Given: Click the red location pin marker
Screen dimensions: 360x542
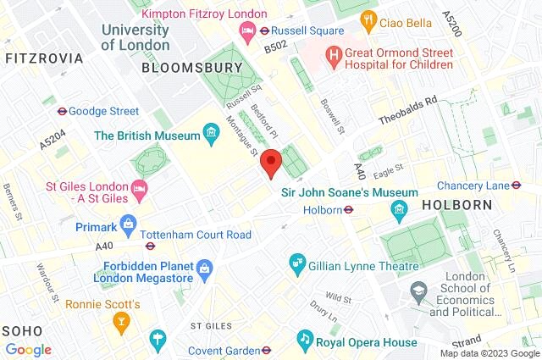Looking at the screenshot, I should coord(271,162).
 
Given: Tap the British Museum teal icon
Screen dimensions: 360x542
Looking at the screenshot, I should coord(211,135).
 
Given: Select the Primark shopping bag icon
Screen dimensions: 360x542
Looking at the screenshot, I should coord(128,226).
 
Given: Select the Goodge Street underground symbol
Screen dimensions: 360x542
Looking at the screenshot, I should coord(61,111).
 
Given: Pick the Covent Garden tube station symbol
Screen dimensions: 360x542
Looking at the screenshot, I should coord(265,348).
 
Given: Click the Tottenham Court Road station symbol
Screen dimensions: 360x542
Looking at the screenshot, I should coord(150,246).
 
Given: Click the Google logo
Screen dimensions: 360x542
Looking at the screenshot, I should coord(29,349).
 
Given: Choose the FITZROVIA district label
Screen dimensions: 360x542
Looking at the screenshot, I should coord(44,58).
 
